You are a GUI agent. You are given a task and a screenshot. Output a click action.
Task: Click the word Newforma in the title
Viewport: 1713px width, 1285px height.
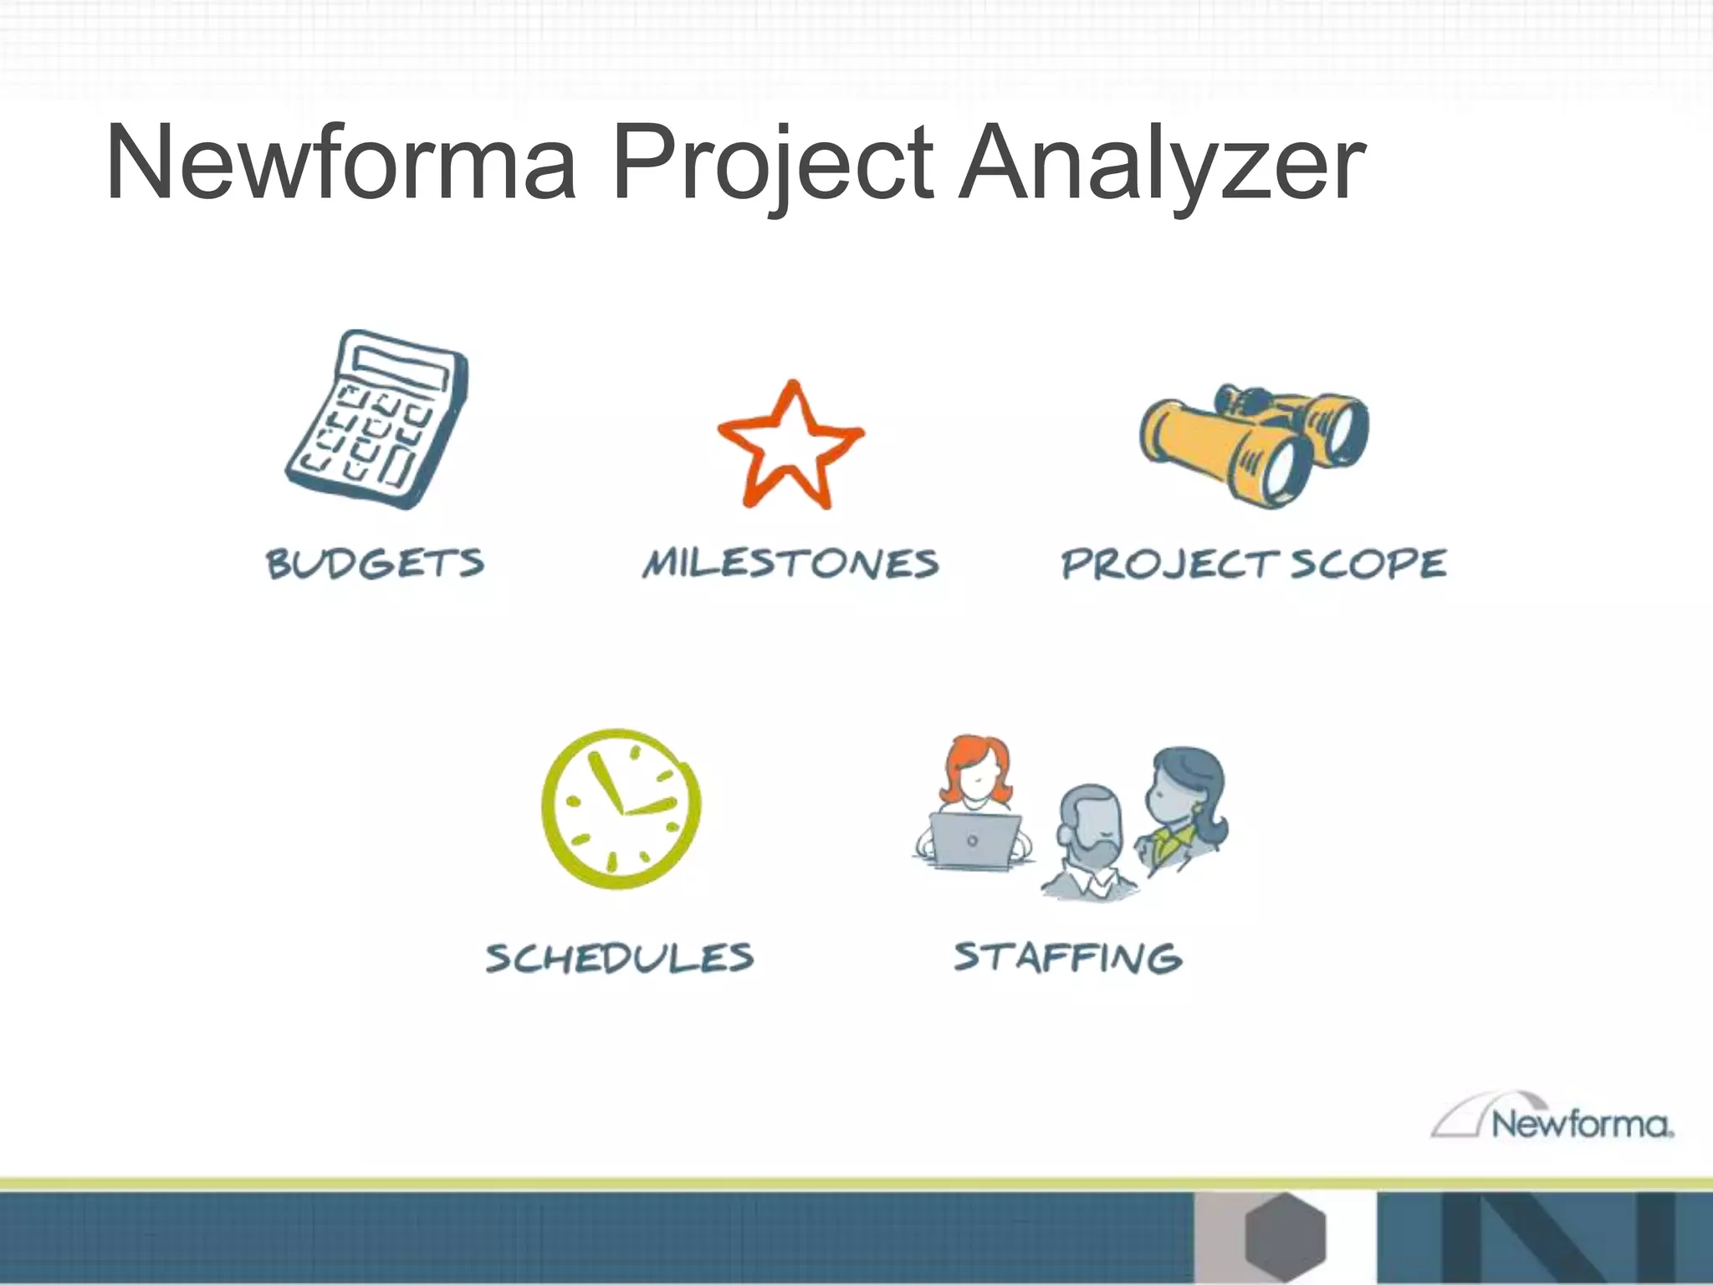(x=341, y=163)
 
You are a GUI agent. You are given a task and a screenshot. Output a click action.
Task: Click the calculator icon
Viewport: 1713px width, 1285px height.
(x=376, y=418)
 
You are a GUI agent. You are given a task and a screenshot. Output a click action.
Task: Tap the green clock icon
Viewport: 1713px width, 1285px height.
(x=621, y=807)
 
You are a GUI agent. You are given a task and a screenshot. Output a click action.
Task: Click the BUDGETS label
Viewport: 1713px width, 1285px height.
(x=375, y=563)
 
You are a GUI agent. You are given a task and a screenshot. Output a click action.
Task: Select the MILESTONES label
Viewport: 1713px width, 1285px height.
(x=790, y=563)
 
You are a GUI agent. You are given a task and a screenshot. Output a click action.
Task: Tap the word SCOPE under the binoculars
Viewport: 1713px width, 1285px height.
(x=1368, y=563)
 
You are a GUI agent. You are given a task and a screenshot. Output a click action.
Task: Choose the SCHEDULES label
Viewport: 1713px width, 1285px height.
(x=620, y=957)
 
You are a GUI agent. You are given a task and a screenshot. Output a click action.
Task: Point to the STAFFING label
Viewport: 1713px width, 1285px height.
(x=1068, y=957)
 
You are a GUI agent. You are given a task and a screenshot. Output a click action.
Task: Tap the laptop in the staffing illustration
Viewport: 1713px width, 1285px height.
(x=974, y=841)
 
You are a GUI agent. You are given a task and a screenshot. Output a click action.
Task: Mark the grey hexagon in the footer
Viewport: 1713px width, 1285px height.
(x=1285, y=1236)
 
